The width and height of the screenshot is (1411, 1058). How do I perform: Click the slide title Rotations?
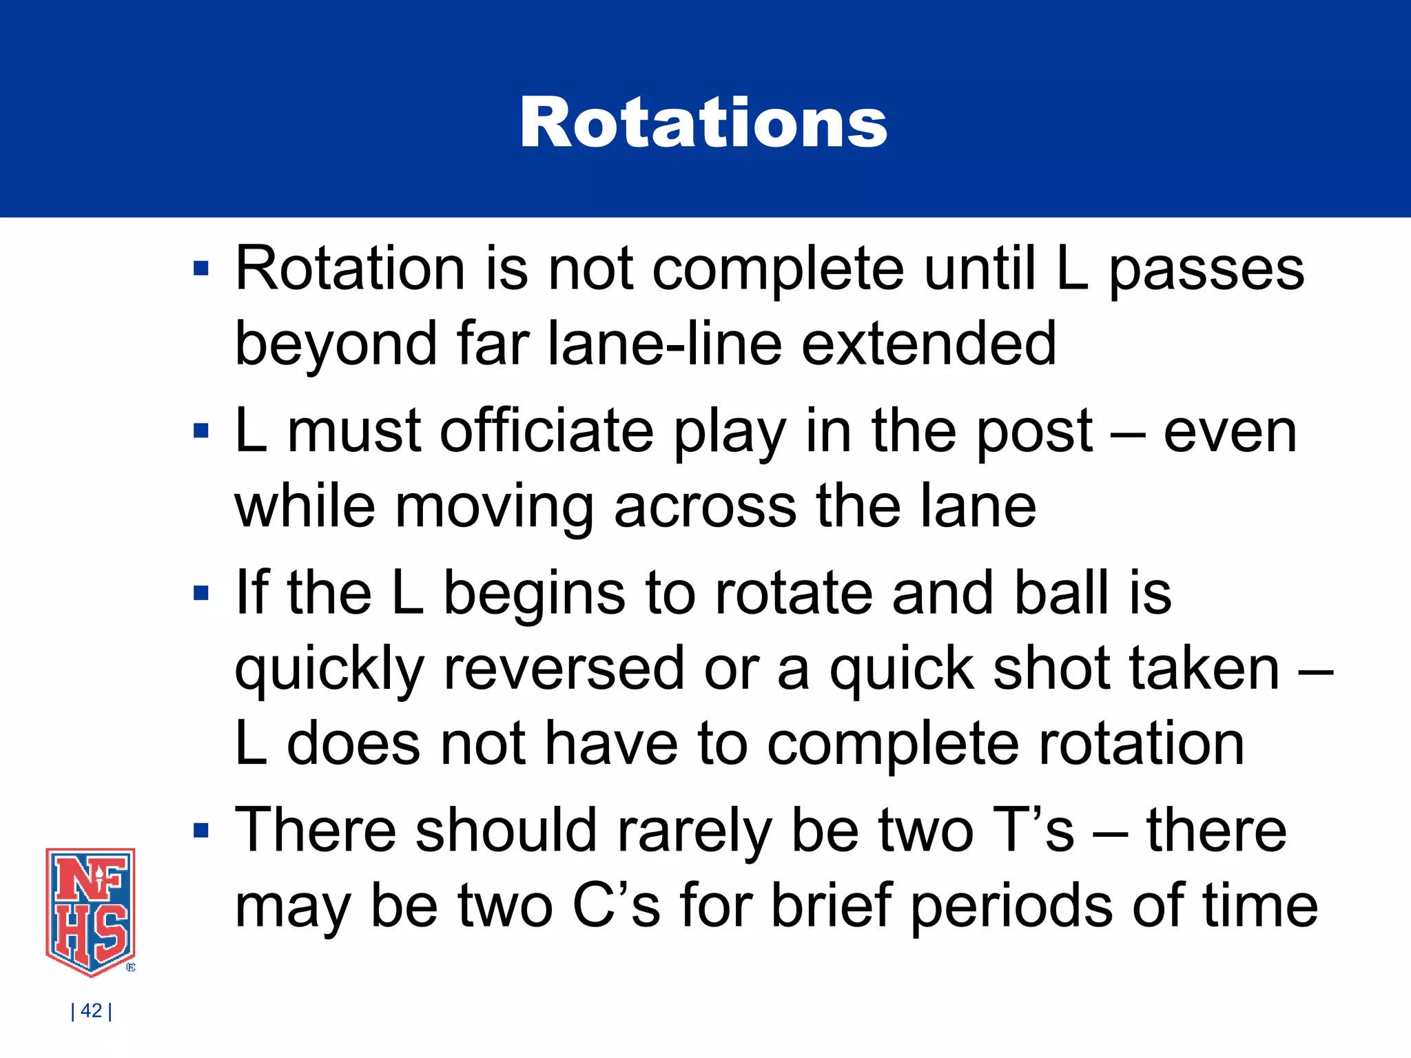[x=703, y=123]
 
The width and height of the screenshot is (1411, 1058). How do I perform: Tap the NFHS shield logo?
[x=90, y=911]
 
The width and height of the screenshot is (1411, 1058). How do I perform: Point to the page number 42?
[x=92, y=1010]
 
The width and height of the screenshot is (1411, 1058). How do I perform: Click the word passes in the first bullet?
[x=1206, y=270]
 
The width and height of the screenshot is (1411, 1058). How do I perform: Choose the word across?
[x=704, y=508]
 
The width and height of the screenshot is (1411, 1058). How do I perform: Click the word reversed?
[x=564, y=669]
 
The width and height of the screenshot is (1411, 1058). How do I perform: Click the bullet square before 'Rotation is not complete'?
[x=201, y=269]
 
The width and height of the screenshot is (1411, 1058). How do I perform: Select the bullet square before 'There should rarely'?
[x=201, y=831]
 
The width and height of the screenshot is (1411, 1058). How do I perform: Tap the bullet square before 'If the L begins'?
[x=201, y=593]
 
